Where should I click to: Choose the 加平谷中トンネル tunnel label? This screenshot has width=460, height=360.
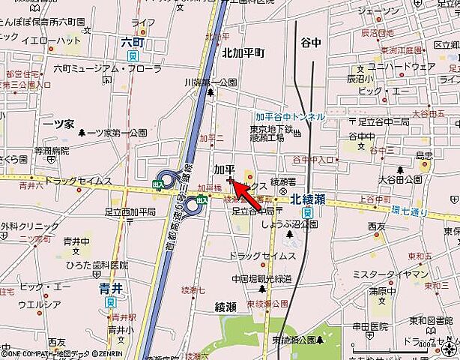(x=290, y=117)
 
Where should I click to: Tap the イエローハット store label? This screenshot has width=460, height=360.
(x=52, y=40)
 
